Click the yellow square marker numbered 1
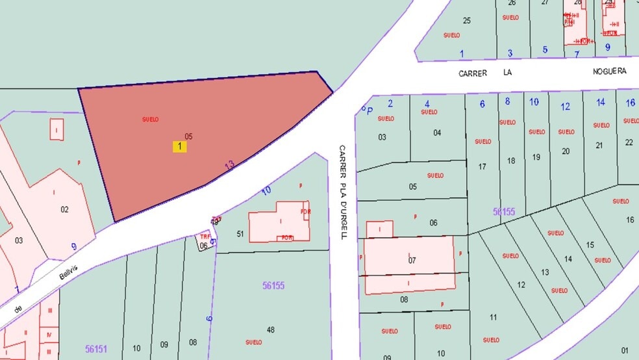(x=179, y=147)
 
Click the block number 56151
(x=95, y=349)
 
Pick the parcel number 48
(x=271, y=329)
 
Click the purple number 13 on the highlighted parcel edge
(x=229, y=165)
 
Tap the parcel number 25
(x=466, y=21)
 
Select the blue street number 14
(x=600, y=102)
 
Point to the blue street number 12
(x=565, y=107)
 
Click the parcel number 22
(x=629, y=142)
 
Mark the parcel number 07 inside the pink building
(x=412, y=261)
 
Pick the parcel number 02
(x=64, y=209)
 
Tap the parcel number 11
(x=493, y=318)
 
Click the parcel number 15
(x=590, y=245)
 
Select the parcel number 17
(x=482, y=167)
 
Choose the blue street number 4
(x=427, y=104)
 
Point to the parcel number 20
(x=566, y=151)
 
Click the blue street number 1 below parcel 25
(x=462, y=53)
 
